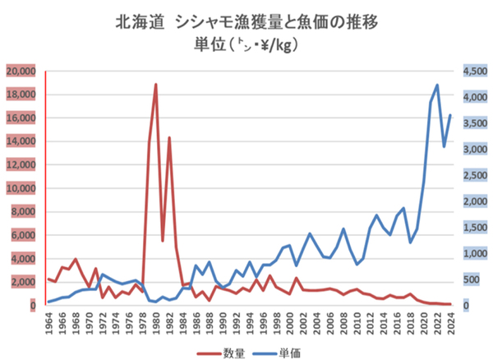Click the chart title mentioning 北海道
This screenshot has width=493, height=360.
tap(247, 21)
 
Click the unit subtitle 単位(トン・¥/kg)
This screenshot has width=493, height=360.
tap(247, 45)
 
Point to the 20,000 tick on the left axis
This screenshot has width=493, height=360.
tap(21, 72)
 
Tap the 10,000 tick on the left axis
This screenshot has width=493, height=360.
tap(21, 188)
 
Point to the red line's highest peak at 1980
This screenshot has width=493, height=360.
tap(155, 85)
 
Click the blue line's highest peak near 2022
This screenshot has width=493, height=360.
tap(437, 85)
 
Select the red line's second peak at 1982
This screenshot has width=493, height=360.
tap(169, 137)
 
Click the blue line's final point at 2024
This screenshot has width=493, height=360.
tap(450, 115)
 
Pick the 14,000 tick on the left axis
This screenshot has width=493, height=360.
tap(21, 141)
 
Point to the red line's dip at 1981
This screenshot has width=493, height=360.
tap(163, 240)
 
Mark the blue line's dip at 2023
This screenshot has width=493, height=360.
tap(444, 146)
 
